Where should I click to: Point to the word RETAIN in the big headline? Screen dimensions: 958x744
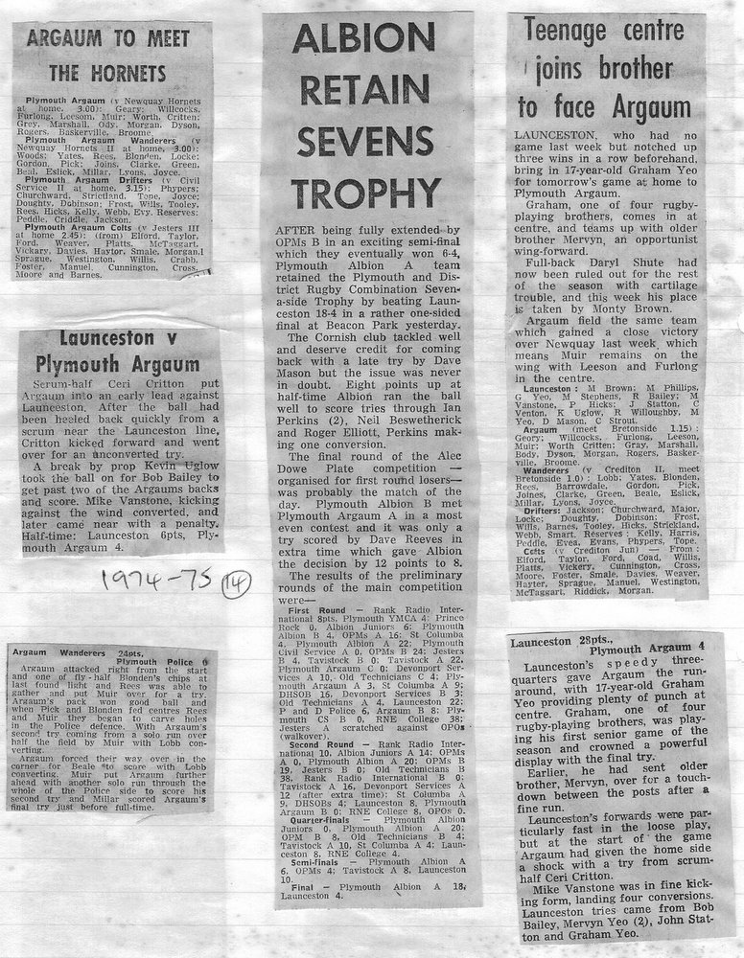tap(366, 92)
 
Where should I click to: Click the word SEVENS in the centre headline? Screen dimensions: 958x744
tap(366, 143)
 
